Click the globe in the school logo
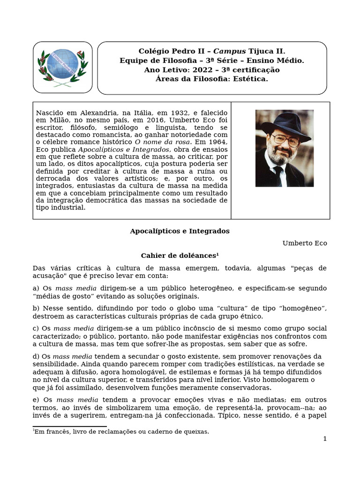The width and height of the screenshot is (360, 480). [62, 65]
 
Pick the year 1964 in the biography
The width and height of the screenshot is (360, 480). [217, 142]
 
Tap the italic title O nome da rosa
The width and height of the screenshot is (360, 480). [162, 142]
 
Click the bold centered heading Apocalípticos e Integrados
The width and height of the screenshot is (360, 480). [180, 231]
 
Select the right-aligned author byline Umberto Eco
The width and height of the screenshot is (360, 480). [305, 243]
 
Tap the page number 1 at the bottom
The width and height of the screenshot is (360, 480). [324, 439]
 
